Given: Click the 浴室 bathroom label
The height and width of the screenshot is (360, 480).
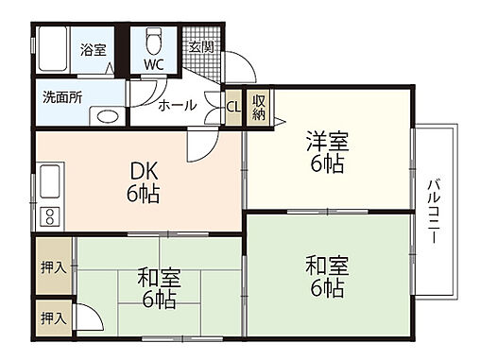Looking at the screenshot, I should (x=92, y=49).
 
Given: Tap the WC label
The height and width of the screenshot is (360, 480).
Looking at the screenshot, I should (x=154, y=65).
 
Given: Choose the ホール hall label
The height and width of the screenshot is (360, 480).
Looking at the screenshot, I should (x=177, y=106).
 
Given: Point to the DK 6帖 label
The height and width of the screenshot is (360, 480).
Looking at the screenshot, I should (x=144, y=183).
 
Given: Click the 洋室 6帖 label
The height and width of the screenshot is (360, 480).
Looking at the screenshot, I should (x=327, y=151).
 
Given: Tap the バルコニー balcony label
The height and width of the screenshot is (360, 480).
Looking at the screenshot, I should (x=434, y=213).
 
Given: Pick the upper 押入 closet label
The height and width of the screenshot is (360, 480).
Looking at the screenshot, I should (x=53, y=267).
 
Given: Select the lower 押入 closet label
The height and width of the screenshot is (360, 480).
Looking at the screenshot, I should (x=53, y=319).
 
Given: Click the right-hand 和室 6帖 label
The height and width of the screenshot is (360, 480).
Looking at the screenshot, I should (x=327, y=275).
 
